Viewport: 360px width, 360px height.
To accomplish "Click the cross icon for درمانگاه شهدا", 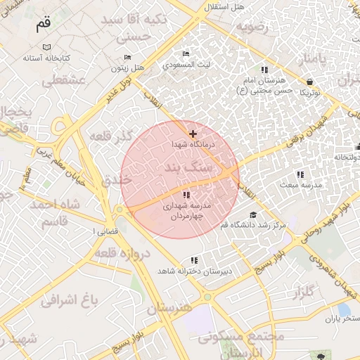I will (x=193, y=134).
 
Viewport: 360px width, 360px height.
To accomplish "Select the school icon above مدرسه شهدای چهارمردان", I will (x=186, y=195).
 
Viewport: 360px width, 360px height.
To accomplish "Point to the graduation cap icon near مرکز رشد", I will (x=253, y=215).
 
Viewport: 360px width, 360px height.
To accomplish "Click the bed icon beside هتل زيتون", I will (x=127, y=57).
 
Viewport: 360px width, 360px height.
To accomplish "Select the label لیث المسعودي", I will (x=186, y=64).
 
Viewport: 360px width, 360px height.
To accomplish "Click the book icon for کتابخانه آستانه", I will (x=46, y=47).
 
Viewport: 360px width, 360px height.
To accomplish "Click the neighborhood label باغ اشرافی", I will (x=67, y=301).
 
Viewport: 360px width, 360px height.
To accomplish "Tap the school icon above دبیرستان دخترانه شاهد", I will (x=195, y=260).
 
